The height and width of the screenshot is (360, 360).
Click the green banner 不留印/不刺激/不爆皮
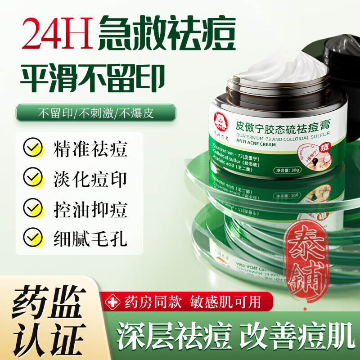95,112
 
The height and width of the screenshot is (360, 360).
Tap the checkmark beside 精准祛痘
32,148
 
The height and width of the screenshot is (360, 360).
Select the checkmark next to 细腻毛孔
32,237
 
